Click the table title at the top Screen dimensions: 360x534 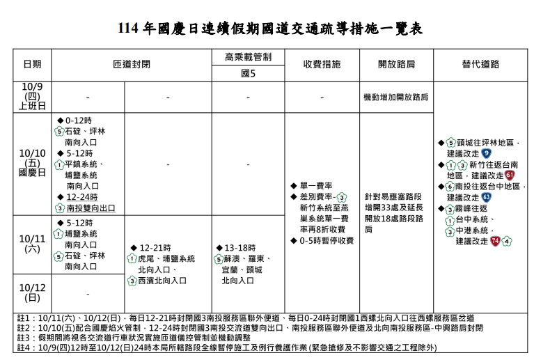point(267,29)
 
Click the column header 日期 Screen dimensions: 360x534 point(32,64)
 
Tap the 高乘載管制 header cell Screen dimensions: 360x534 point(248,56)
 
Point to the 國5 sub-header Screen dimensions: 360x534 point(248,72)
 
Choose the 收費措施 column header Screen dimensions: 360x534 point(322,64)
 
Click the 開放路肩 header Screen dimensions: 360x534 point(396,64)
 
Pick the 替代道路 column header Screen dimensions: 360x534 point(480,64)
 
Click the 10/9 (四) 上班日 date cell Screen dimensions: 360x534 point(32,97)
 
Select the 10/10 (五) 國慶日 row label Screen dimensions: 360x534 point(32,162)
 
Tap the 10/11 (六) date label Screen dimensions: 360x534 point(32,244)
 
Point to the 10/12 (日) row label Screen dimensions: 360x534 point(32,292)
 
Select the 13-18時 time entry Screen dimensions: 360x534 point(240,247)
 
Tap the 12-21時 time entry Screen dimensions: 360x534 point(155,247)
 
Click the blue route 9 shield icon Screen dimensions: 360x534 point(485,152)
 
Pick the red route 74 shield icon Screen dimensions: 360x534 point(494,241)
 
